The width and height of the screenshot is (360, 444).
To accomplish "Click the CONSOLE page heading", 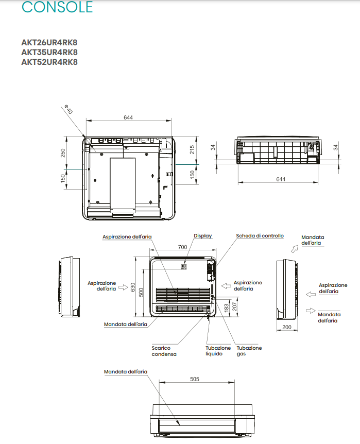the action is tap(57, 7).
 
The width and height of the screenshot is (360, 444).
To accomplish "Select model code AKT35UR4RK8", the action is tap(49, 53).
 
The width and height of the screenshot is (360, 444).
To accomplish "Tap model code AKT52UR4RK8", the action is tap(49, 62).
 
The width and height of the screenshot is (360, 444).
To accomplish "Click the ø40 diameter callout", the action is tap(68, 109).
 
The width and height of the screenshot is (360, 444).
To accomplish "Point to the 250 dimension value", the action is tap(63, 153).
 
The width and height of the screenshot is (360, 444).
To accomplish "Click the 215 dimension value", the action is tap(192, 149).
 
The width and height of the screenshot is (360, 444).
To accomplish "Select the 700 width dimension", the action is tap(182, 247).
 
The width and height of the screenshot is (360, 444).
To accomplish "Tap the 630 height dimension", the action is tap(133, 287).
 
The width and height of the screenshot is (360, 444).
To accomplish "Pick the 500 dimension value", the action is tap(141, 292).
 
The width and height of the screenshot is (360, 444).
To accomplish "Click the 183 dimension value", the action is tap(226, 308).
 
